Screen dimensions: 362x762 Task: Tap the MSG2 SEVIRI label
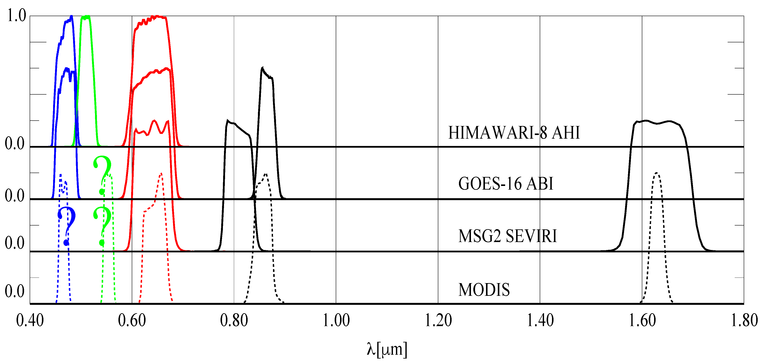tap(507, 236)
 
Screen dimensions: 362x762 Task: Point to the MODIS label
tap(484, 290)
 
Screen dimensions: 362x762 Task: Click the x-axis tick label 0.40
tap(30, 321)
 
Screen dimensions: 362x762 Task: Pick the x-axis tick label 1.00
tap(336, 321)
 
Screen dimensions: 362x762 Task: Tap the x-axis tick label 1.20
tap(438, 321)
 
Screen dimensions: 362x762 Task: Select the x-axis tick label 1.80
tap(744, 321)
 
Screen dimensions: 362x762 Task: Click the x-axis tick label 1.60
tap(642, 321)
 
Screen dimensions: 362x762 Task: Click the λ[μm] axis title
tap(387, 349)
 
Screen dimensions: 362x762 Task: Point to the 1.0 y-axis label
tap(17, 15)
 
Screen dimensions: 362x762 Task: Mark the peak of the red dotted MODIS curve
tap(161, 173)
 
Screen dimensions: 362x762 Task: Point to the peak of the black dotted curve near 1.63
tap(656, 173)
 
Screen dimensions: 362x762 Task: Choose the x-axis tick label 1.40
tap(540, 321)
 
